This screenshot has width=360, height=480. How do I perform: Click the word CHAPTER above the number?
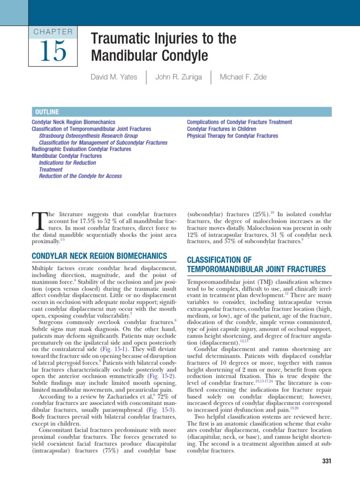tap(53, 32)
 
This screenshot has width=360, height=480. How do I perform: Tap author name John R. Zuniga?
tap(179, 77)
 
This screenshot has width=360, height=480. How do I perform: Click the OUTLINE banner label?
tap(47, 112)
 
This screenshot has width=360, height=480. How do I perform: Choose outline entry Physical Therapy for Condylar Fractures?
tap(232, 136)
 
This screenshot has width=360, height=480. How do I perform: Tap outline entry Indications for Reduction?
tap(67, 163)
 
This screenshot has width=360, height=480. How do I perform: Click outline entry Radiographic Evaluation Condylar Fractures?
tap(81, 149)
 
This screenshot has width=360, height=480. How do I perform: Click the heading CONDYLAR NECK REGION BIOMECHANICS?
tap(99, 255)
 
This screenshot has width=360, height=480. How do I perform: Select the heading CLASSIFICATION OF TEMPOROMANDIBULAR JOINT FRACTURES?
tap(256, 264)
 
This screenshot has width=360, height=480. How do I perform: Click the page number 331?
tap(327, 461)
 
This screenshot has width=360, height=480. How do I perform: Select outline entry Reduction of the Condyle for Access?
tap(80, 176)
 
